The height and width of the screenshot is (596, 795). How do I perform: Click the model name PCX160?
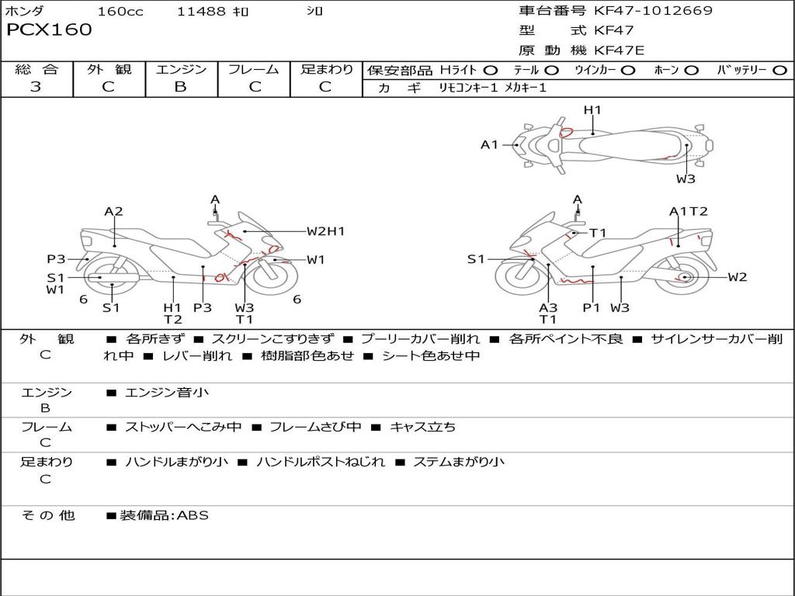[49, 30]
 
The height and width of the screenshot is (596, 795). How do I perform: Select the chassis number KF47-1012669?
[653, 11]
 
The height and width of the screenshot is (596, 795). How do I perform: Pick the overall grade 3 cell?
[36, 87]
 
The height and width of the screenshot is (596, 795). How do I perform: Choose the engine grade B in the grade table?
[181, 87]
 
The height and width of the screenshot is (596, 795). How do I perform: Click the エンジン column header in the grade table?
[181, 70]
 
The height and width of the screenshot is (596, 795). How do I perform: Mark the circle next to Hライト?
[491, 71]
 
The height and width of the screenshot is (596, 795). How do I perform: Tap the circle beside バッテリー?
[779, 71]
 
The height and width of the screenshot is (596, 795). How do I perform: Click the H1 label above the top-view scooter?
[592, 110]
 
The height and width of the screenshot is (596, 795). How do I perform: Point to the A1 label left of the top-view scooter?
[489, 144]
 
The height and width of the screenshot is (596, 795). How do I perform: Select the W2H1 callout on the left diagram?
[325, 230]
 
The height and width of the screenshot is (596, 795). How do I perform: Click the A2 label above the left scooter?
[114, 211]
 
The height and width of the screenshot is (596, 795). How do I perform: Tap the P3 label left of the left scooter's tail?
[55, 259]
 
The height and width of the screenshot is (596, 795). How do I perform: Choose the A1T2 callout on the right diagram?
[689, 211]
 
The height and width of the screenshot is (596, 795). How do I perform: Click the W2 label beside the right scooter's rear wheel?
[737, 277]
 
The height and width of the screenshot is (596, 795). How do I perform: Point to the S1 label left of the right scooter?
[475, 259]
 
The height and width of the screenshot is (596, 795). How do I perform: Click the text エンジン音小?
[167, 393]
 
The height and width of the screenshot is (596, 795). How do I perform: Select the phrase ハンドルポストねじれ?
[320, 462]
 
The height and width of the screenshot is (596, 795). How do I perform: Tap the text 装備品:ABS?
[164, 515]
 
